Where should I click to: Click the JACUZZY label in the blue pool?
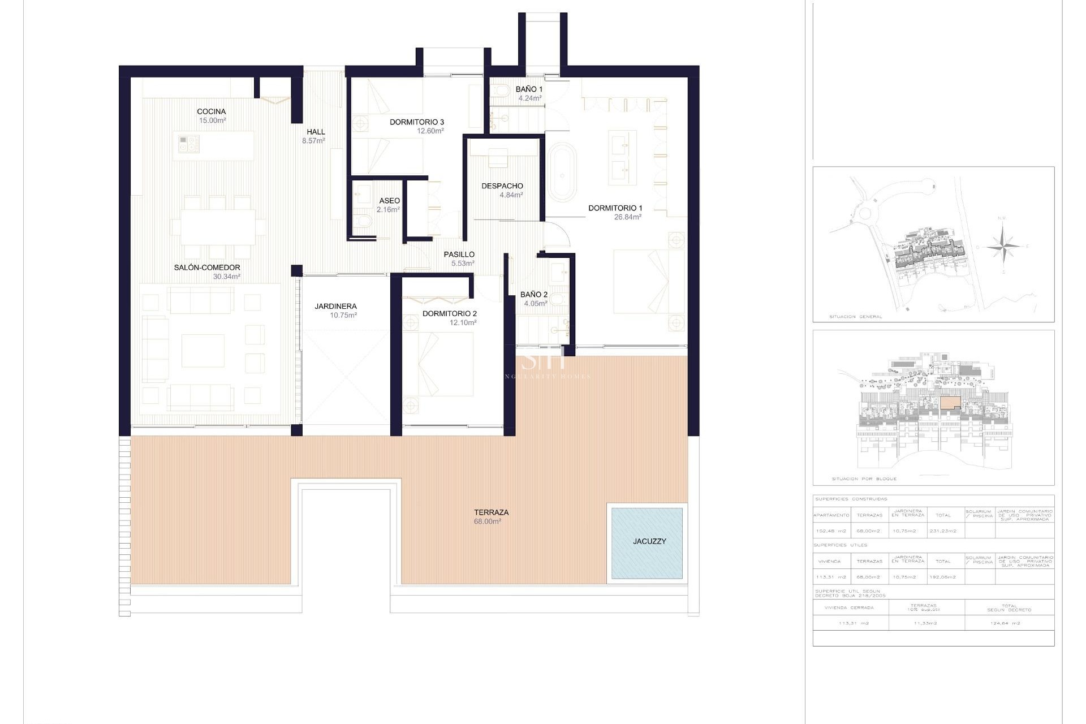(x=649, y=541)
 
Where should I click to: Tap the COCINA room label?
(x=212, y=111)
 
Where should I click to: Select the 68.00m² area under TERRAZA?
(x=487, y=522)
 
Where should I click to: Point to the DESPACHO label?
(x=502, y=186)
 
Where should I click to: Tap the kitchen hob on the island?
(x=189, y=143)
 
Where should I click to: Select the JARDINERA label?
(x=335, y=306)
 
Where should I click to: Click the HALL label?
(x=316, y=132)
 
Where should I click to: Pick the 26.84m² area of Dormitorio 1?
(x=627, y=217)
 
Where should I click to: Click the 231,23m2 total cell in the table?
(x=943, y=531)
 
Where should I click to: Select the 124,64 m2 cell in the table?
(x=1009, y=623)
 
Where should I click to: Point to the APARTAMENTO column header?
(x=831, y=515)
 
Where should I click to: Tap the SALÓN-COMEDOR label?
(x=207, y=268)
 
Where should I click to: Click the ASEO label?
(x=389, y=201)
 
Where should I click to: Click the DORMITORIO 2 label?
(x=450, y=313)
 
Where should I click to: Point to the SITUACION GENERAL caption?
(x=856, y=317)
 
